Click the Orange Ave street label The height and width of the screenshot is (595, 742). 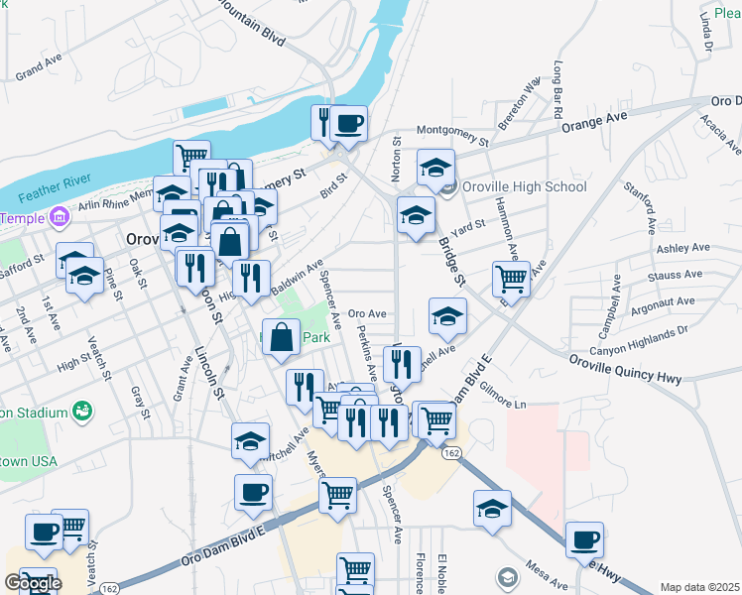(x=595, y=123)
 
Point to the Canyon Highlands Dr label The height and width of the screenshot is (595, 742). (x=639, y=338)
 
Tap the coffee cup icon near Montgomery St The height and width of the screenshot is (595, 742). (x=348, y=124)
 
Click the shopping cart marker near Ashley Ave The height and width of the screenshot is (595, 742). (x=512, y=280)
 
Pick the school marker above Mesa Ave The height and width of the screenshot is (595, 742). (x=492, y=510)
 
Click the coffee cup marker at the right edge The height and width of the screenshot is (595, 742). (x=585, y=540)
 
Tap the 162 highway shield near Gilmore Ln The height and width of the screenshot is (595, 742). (x=451, y=453)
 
